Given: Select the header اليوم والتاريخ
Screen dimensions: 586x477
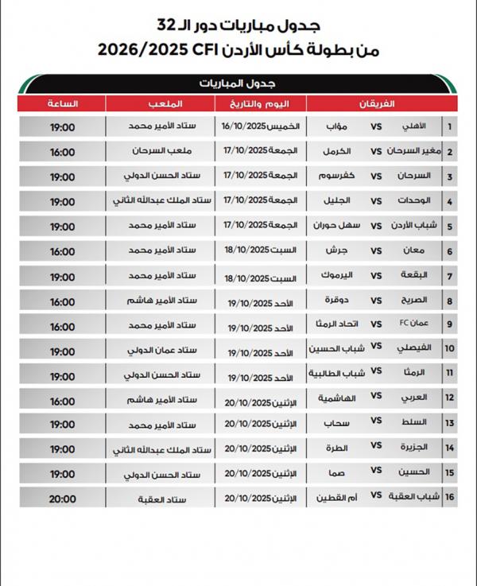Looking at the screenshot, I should [263, 104].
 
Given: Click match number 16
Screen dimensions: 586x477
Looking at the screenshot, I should [450, 499].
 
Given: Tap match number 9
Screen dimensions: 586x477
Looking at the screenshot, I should [450, 324].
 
